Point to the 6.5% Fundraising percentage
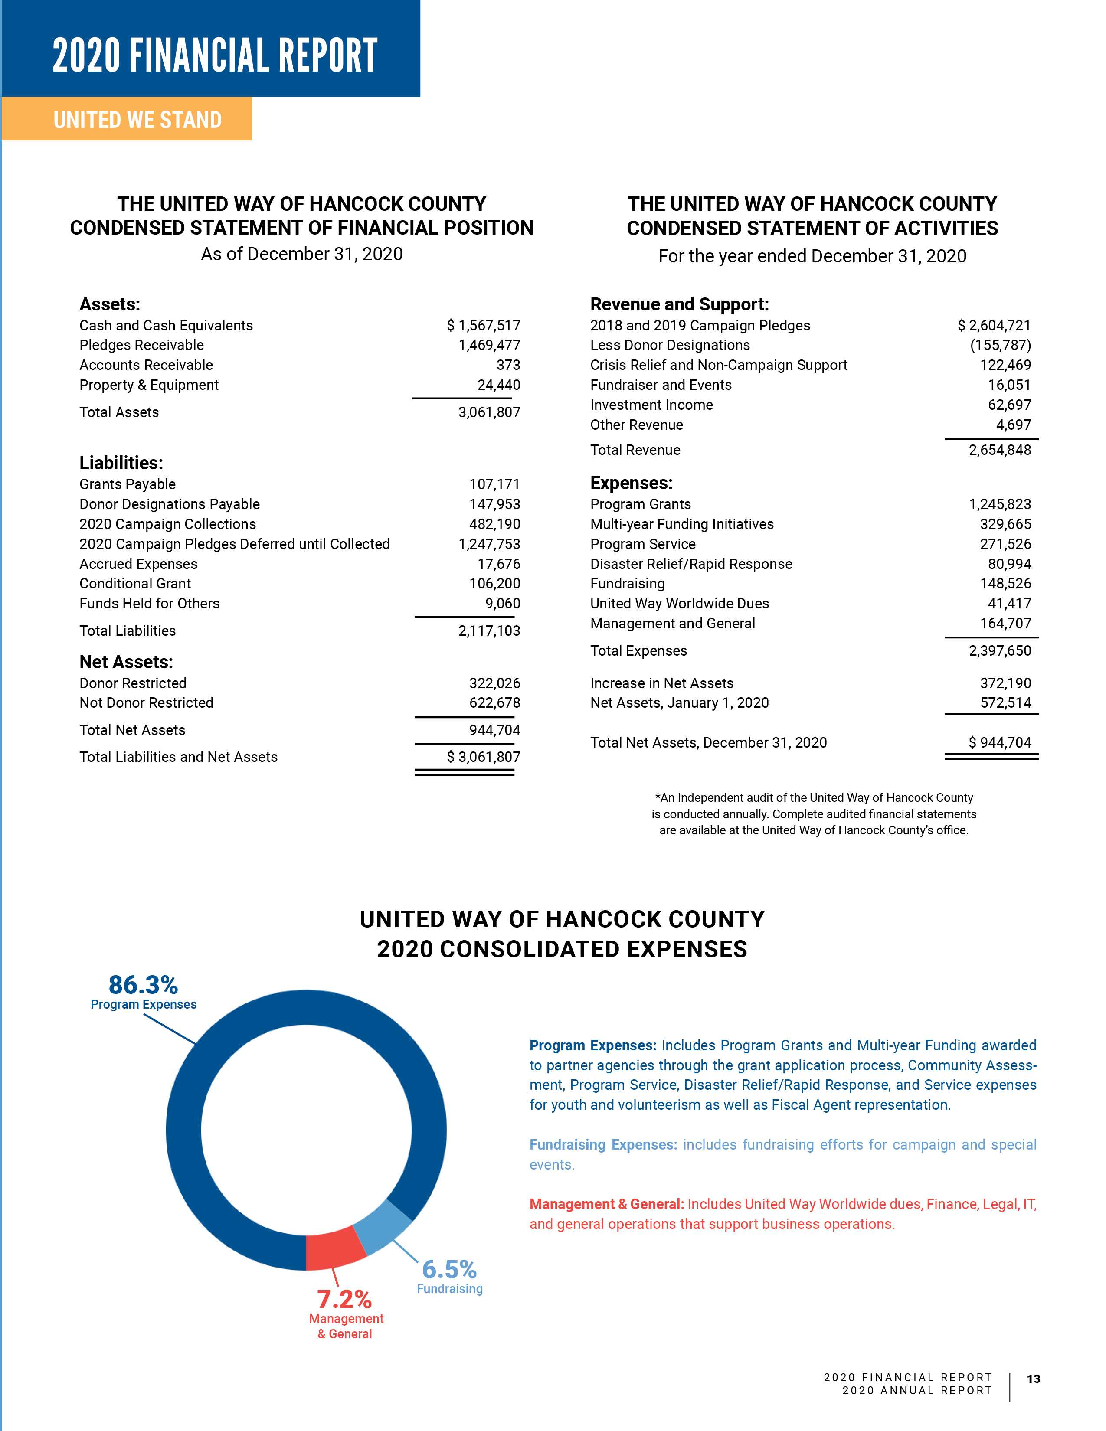(449, 1269)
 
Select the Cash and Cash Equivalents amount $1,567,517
(484, 326)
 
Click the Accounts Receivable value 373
(508, 365)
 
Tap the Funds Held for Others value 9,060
(503, 604)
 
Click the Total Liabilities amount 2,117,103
(489, 631)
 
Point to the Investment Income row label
(651, 405)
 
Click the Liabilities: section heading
(121, 463)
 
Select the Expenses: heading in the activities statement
(631, 484)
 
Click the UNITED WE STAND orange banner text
(137, 120)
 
